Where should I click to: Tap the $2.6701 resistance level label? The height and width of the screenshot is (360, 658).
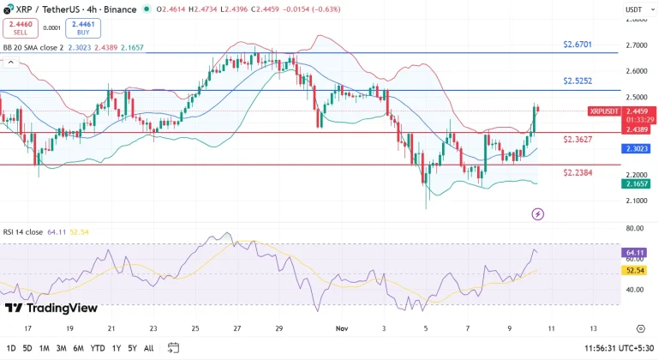pyautogui.click(x=577, y=44)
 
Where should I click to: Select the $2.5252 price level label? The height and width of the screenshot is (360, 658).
pyautogui.click(x=577, y=81)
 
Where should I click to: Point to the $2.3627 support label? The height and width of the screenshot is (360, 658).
pyautogui.click(x=577, y=139)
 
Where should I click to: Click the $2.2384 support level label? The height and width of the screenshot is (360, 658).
pyautogui.click(x=577, y=172)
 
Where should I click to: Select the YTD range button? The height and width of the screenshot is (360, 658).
pyautogui.click(x=99, y=348)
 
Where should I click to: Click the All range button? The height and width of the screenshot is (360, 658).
pyautogui.click(x=149, y=348)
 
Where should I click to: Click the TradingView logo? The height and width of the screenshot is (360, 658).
pyautogui.click(x=51, y=308)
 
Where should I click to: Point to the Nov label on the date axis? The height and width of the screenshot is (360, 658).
pyautogui.click(x=343, y=328)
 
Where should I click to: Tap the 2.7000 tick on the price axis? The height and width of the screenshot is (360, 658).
pyautogui.click(x=636, y=45)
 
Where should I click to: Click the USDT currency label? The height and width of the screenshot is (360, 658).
pyautogui.click(x=634, y=9)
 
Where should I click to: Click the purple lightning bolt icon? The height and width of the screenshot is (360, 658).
pyautogui.click(x=538, y=213)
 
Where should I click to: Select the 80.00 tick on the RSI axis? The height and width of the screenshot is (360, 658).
pyautogui.click(x=635, y=229)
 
